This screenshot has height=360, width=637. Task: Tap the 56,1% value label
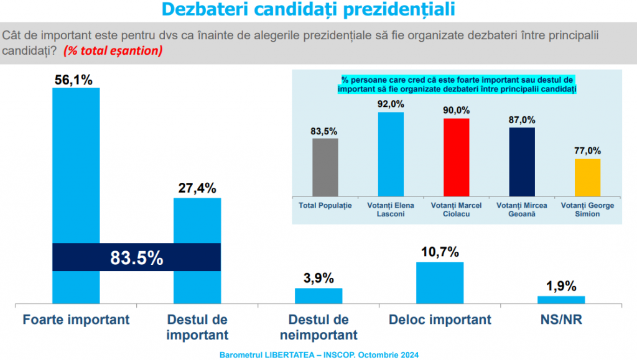coord(75,80)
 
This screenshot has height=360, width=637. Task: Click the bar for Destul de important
coord(197,224)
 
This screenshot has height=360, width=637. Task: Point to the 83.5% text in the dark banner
coord(137,257)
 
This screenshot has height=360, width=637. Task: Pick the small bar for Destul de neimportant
coord(318,296)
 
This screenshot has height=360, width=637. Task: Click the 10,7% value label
coord(439,252)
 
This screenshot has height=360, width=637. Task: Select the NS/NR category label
coord(560,320)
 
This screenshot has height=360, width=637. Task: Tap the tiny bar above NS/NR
coord(560,300)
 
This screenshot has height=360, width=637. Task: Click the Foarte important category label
coord(76,320)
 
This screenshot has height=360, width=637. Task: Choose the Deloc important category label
coord(439,320)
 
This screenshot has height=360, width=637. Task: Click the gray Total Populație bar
coord(325,167)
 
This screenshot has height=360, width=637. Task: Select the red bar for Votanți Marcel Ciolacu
coord(456,157)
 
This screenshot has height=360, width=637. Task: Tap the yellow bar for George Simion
coord(587,177)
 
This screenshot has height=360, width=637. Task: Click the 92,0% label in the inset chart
coord(391,103)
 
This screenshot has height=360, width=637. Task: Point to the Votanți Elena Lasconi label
coord(391,209)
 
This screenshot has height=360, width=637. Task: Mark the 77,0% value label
coord(587,150)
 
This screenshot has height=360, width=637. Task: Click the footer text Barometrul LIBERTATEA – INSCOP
coord(318,354)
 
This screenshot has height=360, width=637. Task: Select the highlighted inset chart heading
coord(457,85)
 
